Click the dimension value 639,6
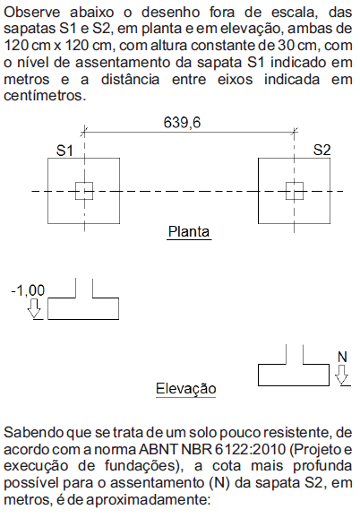pos(182,123)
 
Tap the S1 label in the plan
pos(64,151)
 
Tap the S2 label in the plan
pos(321,150)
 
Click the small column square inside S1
pos(84,191)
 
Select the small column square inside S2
pos(295,191)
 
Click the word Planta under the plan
pos(189,231)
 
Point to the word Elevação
pos(185,388)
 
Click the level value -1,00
pos(28,290)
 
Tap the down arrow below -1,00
pos(34,308)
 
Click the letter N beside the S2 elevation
pos(342,357)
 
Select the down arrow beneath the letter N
pos(341,375)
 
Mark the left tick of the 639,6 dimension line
pos(84,132)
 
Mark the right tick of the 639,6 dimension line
pos(295,132)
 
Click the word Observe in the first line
pos(32,13)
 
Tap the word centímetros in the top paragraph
pos(45,96)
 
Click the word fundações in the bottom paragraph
pos(142,466)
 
